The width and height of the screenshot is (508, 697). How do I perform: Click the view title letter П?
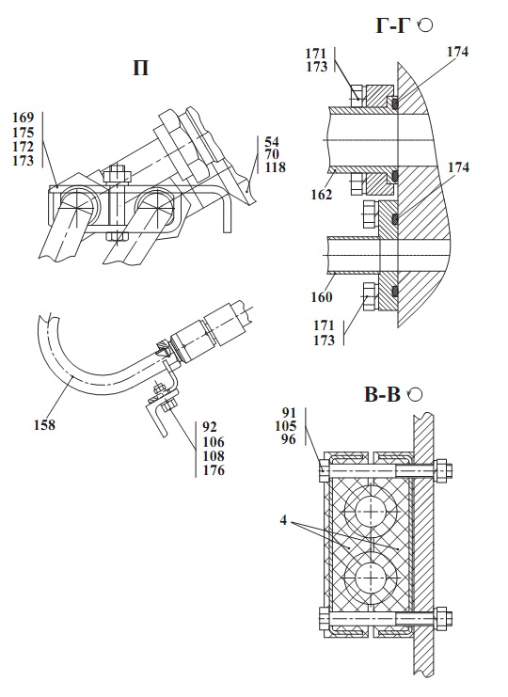141,69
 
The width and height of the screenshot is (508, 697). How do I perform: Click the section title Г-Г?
392,25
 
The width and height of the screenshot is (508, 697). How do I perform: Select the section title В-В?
382,394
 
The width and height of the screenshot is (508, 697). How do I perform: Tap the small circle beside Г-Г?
426,24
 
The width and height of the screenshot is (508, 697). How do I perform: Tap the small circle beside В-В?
415,394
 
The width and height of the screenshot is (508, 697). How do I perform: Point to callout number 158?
44,425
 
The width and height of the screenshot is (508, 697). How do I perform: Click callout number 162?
322,195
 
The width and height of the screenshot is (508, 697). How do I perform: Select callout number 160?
322,296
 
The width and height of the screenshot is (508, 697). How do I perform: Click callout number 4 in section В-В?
283,520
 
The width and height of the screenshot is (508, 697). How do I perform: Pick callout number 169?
24,118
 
